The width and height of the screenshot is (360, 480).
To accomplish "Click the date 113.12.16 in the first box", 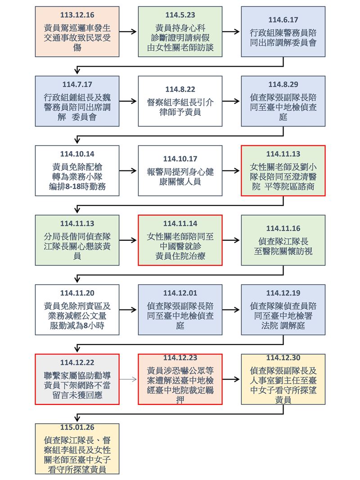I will pos(77,14).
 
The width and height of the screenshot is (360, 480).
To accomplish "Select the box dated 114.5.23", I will pos(180,31).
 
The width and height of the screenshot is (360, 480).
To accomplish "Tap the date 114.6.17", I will pos(283,19).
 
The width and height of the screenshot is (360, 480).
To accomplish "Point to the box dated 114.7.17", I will pos(77,101).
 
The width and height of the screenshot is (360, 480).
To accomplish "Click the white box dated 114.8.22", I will pos(180,101).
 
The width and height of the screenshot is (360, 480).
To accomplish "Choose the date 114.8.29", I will pos(283,85).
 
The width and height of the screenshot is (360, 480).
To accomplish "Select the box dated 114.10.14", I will pos(77,170).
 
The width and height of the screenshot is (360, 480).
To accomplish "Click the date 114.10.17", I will pos(180,159).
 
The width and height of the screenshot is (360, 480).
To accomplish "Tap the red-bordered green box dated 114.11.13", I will pos(283,170).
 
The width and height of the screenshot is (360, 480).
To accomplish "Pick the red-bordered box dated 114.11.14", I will pos(180,240).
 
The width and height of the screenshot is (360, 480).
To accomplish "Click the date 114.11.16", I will pos(283,229).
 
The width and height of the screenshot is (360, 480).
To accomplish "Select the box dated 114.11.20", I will pos(77,310).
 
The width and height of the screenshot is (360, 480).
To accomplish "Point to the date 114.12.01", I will pos(180,293).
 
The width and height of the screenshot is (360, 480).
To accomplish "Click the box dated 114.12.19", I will pos(283,310).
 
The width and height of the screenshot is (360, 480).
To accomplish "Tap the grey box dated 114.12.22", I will pos(77,379).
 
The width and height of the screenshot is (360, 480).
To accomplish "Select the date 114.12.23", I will pos(180,358).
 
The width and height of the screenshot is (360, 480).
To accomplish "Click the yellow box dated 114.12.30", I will pos(283,379).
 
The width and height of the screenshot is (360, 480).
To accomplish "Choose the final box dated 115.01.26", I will pos(77,449).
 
